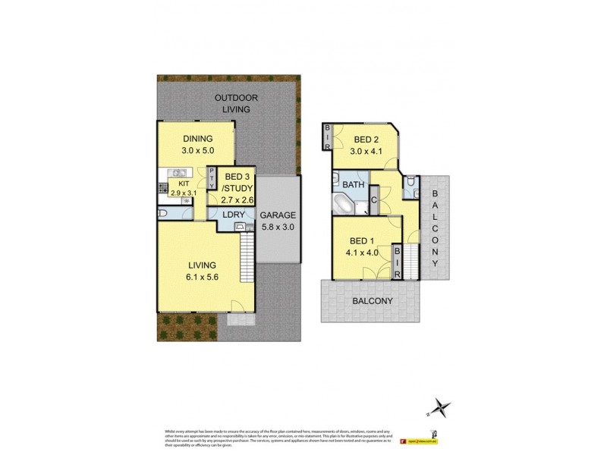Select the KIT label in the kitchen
[x=183, y=184]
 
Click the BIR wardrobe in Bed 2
[x=327, y=137]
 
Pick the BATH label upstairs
[x=353, y=184]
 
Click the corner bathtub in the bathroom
[x=344, y=204]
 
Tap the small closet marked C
[x=374, y=200]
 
